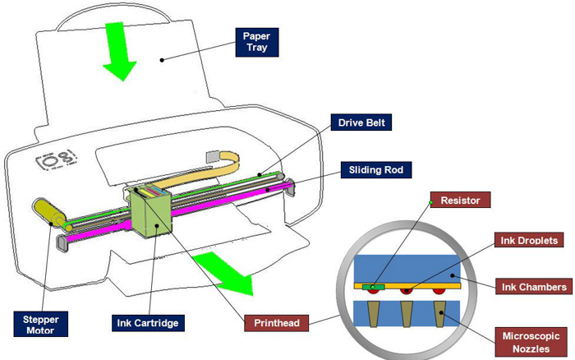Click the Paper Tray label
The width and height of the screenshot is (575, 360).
pos(255,42)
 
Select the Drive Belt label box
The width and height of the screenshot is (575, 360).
pos(361,123)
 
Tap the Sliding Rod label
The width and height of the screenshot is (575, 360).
pos(373,170)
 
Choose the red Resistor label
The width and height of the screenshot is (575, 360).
pos(460,200)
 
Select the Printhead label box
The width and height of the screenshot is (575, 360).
pos(277,322)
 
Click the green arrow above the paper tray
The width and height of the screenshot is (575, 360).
pos(118,51)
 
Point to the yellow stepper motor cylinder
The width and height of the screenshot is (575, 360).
pos(47,211)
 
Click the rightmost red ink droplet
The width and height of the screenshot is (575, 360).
pos(441,291)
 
